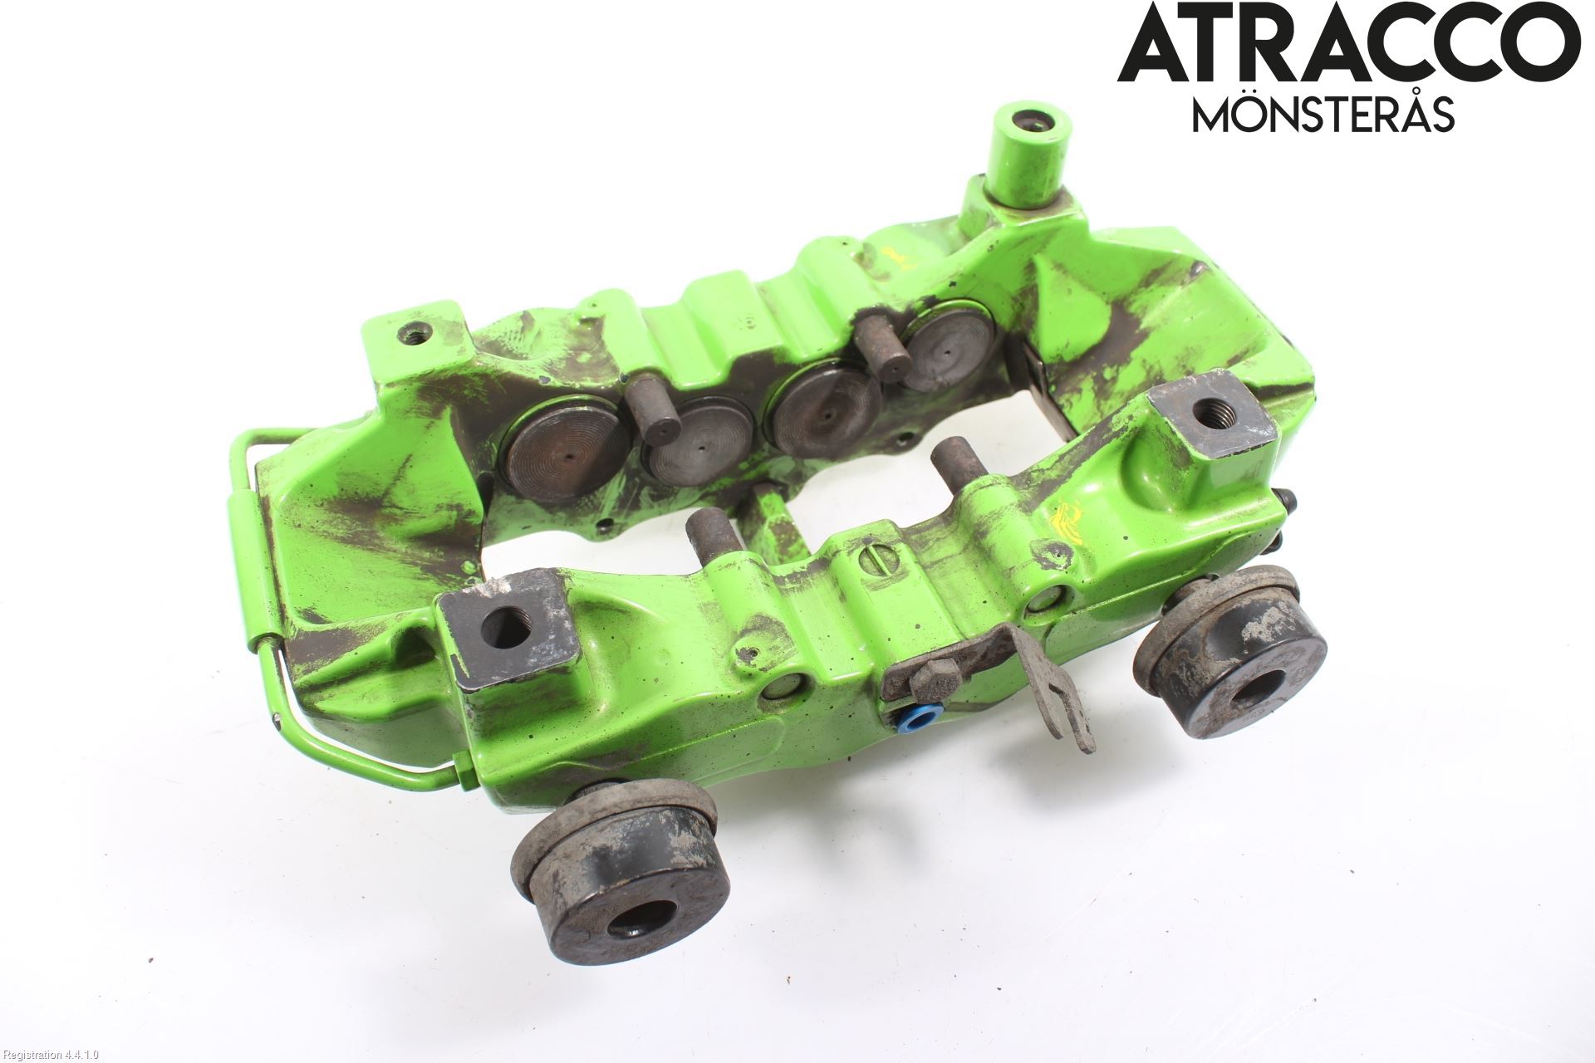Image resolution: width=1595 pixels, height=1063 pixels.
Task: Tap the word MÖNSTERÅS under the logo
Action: coord(1324,115)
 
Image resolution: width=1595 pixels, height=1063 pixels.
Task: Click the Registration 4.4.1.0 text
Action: coord(50,1055)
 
